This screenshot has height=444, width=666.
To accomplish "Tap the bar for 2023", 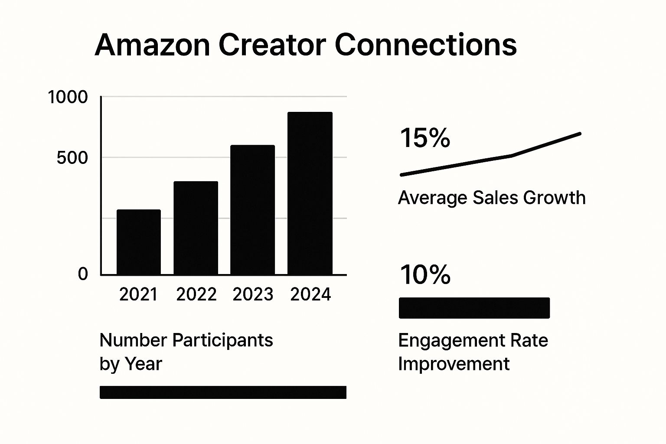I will (x=253, y=210).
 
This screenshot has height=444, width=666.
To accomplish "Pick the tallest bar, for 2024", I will (x=310, y=193).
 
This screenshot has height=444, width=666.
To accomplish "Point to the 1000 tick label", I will (x=68, y=97).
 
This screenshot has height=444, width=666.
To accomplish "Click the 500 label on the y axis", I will (x=72, y=158).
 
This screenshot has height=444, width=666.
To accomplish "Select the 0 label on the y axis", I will (x=83, y=274).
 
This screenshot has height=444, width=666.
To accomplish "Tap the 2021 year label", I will (x=139, y=295).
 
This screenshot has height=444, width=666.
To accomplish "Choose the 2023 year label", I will (x=253, y=295).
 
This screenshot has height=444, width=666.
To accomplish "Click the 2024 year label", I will (x=310, y=295).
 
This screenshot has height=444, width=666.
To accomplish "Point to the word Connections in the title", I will (x=426, y=45).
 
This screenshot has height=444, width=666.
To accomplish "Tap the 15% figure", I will (x=425, y=138).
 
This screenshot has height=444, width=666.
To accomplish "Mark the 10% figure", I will (x=425, y=275).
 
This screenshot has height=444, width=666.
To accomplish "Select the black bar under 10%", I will (x=474, y=308).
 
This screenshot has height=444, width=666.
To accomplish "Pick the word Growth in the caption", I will (x=554, y=198).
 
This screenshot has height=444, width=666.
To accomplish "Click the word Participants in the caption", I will (x=223, y=340).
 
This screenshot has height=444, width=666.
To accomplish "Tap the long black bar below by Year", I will (x=223, y=392).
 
